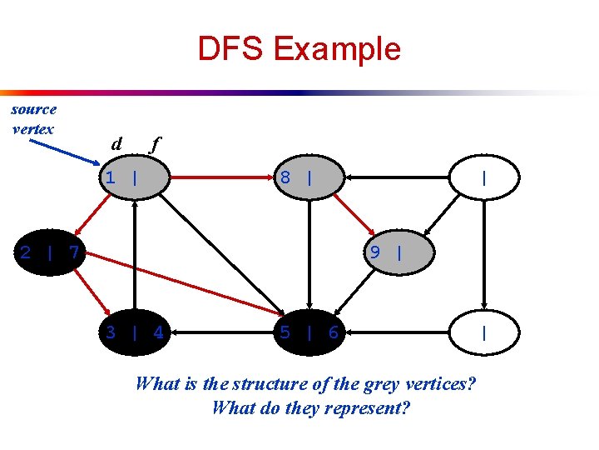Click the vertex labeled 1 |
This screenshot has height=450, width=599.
coord(134,177)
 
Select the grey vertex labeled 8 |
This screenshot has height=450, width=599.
coord(308,177)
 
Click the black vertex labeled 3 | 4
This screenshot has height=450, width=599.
coord(134,333)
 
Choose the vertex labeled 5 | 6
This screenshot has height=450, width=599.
coord(309,333)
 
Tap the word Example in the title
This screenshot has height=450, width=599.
coord(336,49)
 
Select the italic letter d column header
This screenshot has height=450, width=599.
coord(117,143)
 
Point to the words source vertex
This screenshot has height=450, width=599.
coord(34,118)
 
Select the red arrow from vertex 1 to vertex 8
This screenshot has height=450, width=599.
coord(220,177)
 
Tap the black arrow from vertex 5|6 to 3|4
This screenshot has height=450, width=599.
coord(221,333)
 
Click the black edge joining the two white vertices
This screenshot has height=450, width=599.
coord(486,255)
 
